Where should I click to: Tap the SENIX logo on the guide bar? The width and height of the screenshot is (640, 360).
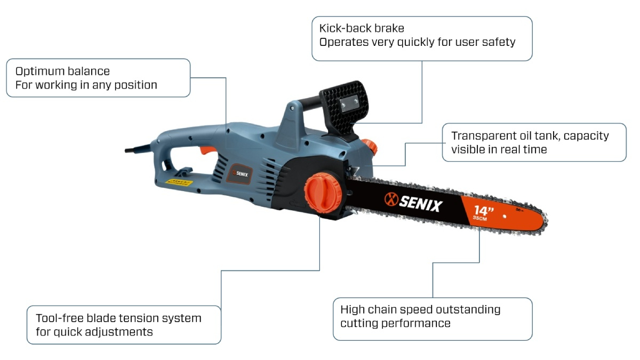[x=413, y=202]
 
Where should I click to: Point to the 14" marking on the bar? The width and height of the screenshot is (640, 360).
[x=483, y=210]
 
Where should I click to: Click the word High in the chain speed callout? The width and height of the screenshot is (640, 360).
[x=352, y=309]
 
